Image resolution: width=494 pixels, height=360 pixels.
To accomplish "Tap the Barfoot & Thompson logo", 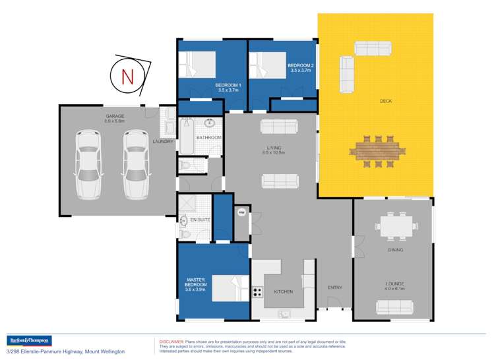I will pyautogui.click(x=28, y=341).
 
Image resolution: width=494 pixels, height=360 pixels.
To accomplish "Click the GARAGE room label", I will pyautogui.click(x=115, y=117).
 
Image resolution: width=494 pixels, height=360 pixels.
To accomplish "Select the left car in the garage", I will pyautogui.click(x=88, y=164).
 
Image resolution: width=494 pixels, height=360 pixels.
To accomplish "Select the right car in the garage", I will pyautogui.click(x=135, y=164).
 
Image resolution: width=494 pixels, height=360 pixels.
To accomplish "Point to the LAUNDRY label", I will pyautogui.click(x=163, y=141).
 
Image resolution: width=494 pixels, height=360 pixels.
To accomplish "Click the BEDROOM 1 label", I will pyautogui.click(x=228, y=86).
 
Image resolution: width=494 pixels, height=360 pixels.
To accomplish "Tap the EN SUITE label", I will pyautogui.click(x=200, y=220).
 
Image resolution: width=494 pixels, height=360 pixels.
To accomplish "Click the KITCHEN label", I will pyautogui.click(x=284, y=291).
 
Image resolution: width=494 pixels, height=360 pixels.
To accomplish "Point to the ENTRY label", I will pyautogui.click(x=335, y=287).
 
